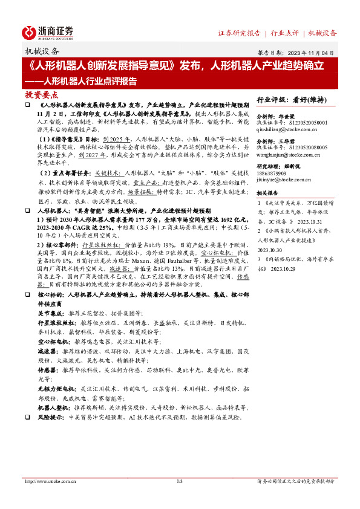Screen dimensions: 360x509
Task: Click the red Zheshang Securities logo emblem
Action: point(29,32)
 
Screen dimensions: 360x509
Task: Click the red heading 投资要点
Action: point(42,95)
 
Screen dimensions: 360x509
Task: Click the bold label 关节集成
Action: point(48,314)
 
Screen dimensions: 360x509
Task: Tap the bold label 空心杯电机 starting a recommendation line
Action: point(51,341)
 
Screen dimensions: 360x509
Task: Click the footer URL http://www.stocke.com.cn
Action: point(51,481)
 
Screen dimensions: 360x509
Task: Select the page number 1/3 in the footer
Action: point(179,481)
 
